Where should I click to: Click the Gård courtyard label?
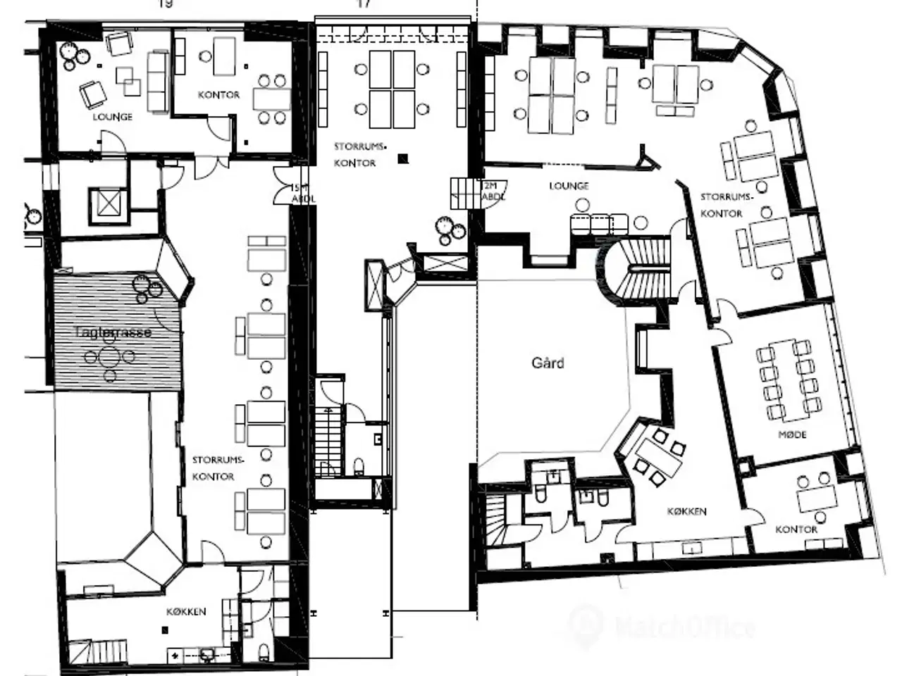coord(548,363)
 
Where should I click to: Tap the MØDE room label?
coord(792,434)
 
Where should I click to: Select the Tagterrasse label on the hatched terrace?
coord(113,332)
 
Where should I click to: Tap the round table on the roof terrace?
coord(109,357)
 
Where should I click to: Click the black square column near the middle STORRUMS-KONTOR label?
coord(402,159)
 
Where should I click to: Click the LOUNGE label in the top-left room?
coord(112,117)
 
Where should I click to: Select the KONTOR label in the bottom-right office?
coord(796,530)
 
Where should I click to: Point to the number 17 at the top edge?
coord(364,4)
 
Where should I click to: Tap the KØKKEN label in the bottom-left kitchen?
coord(186,612)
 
